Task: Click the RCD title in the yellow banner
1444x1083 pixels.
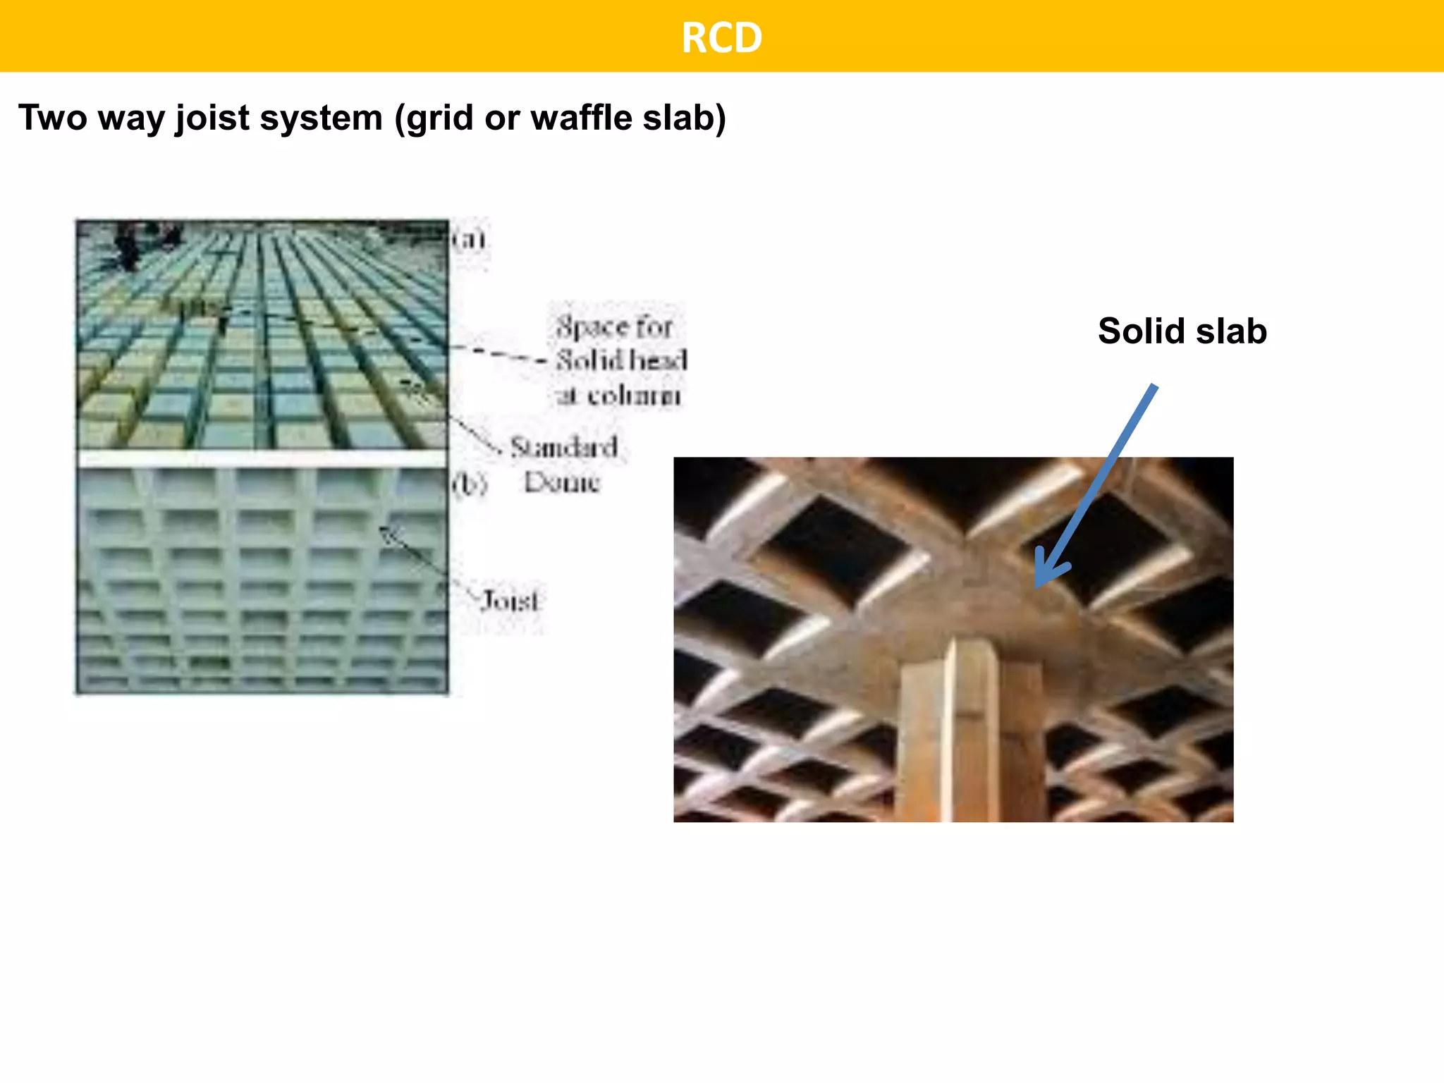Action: (x=721, y=37)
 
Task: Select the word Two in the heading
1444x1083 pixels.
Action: (x=52, y=117)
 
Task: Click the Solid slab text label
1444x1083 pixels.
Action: (x=1182, y=331)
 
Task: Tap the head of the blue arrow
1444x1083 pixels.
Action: (x=1043, y=578)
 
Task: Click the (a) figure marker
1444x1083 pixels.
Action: (x=470, y=240)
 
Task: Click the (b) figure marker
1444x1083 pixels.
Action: (x=470, y=483)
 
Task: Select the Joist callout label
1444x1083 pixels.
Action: (x=510, y=601)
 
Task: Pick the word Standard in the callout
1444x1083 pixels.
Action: (x=564, y=447)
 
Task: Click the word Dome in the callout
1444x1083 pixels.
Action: (x=562, y=482)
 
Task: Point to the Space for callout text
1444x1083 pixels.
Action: (x=613, y=326)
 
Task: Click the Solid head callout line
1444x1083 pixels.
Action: (x=620, y=360)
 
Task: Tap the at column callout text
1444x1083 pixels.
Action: (x=618, y=396)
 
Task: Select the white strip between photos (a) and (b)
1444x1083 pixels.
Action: (x=262, y=459)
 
